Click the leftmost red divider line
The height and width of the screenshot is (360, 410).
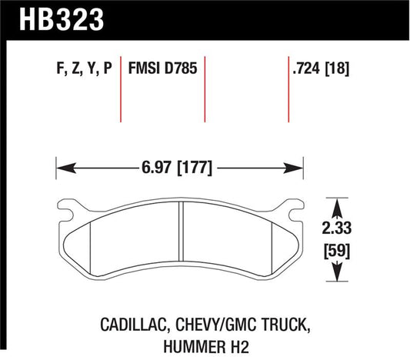pos(121,85)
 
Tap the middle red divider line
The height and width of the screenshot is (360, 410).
pos(205,85)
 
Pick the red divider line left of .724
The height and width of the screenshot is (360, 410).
pos(286,85)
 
